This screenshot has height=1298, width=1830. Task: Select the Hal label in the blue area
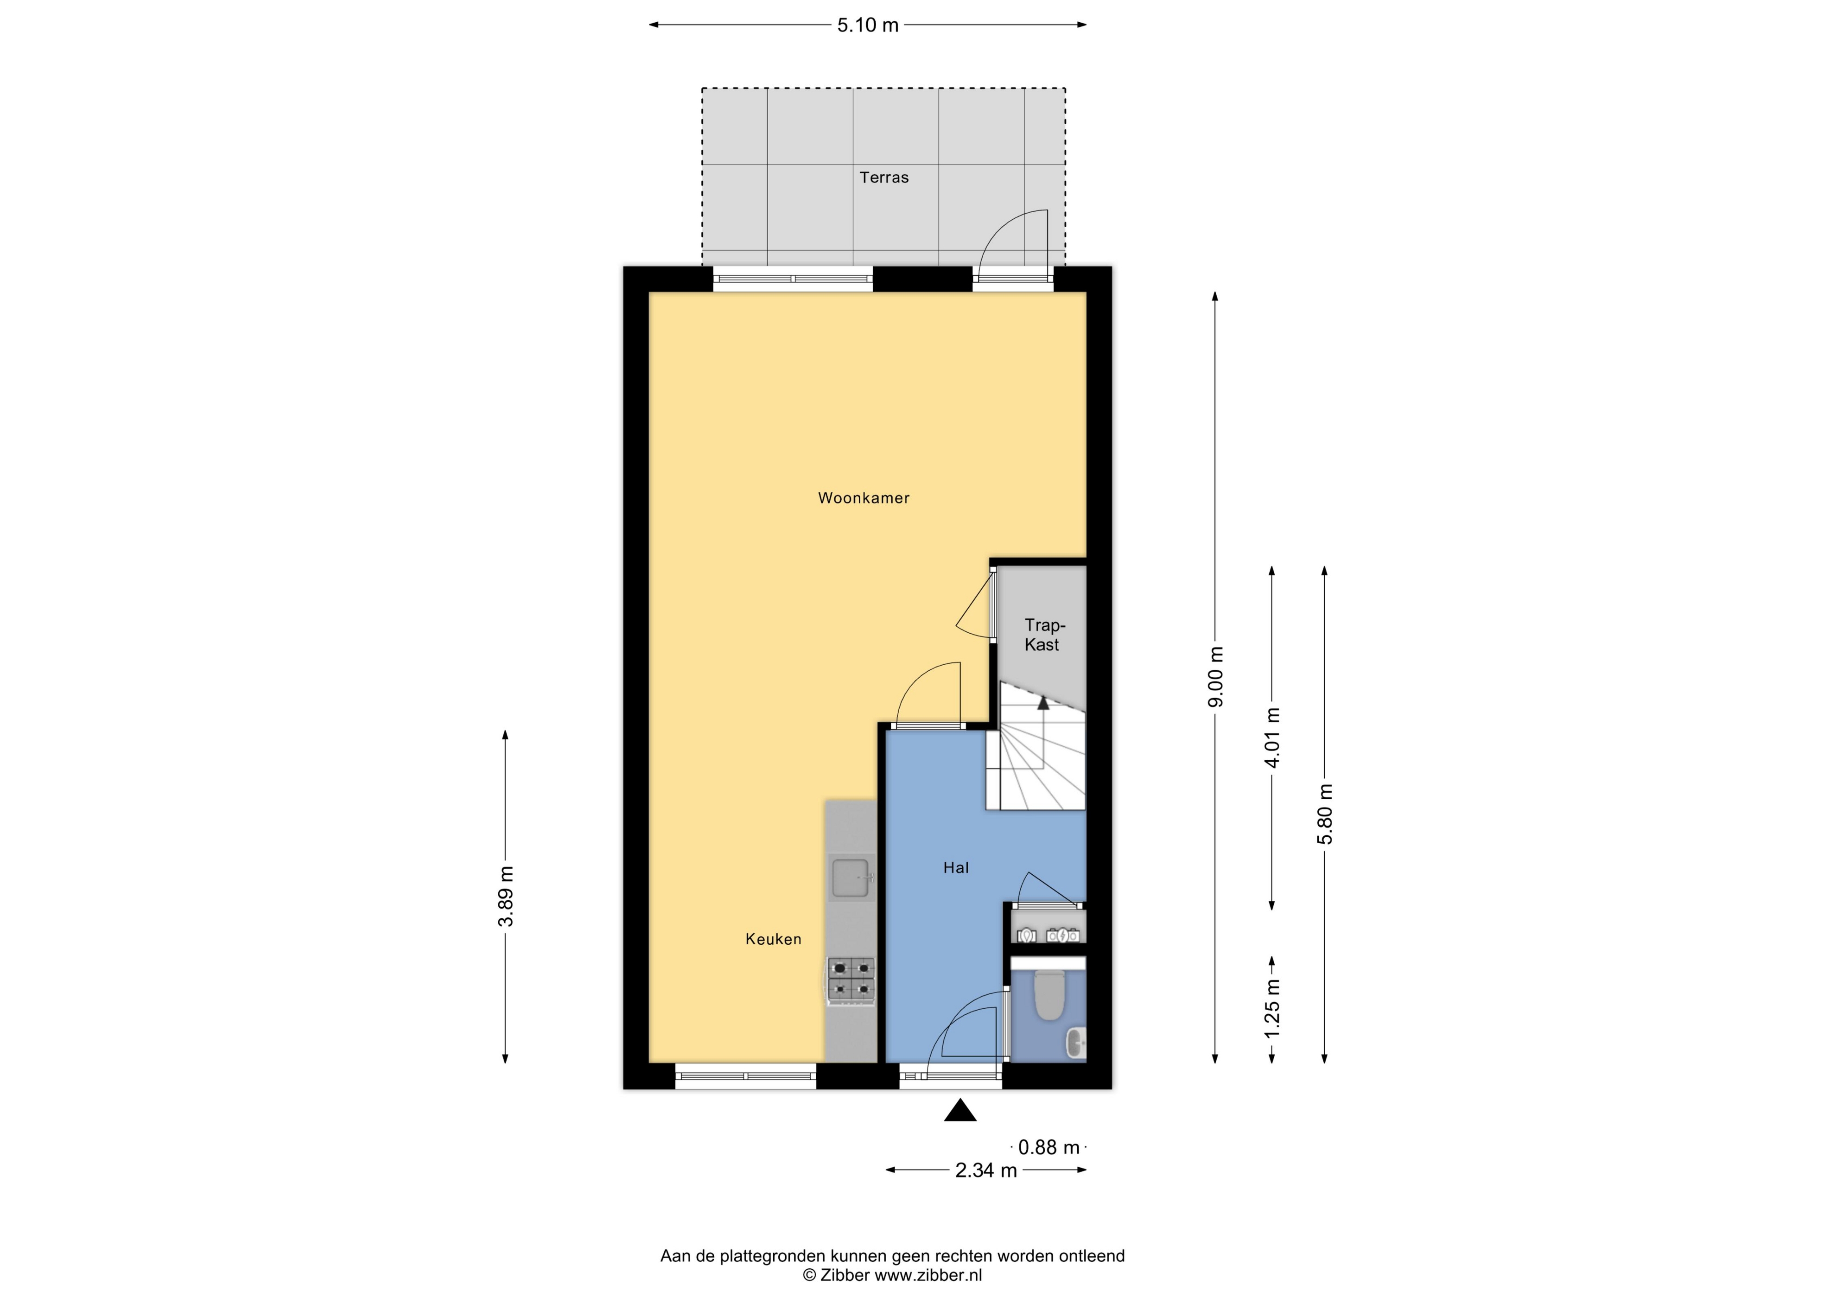(956, 867)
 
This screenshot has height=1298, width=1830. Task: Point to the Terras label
(884, 178)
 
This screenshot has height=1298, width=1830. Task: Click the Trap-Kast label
(1043, 635)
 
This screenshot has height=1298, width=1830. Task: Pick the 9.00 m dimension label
(1215, 676)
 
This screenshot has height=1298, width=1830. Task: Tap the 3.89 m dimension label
(505, 896)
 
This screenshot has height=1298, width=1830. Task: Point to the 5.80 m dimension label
(1325, 814)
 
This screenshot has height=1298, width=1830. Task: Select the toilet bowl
(1048, 996)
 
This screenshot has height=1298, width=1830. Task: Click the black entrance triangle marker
(960, 1111)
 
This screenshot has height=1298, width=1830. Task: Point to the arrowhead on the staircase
(1043, 703)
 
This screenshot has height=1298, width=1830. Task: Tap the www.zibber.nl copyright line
(892, 1276)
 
